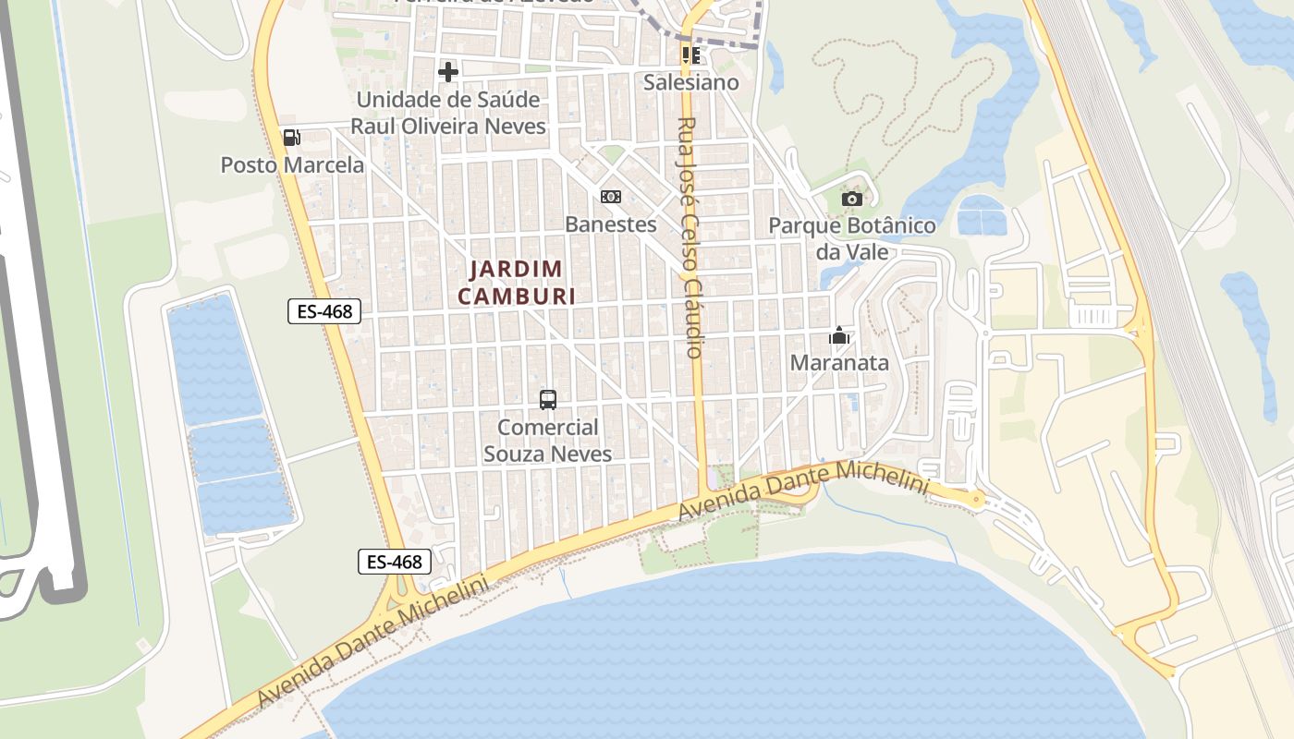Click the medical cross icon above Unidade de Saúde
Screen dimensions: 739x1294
coord(448,71)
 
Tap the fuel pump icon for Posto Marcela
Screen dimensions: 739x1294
coord(291,138)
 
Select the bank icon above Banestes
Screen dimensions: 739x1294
coord(610,197)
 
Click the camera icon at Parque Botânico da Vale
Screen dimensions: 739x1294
coord(852,199)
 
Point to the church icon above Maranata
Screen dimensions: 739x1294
coord(839,335)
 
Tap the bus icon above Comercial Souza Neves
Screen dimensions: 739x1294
coord(548,400)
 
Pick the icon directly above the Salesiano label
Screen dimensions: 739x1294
coord(690,55)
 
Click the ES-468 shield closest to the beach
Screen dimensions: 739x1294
coord(395,561)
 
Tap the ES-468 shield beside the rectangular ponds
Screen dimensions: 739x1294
coord(323,311)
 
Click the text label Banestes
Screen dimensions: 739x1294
coord(610,224)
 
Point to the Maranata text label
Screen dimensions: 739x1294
coord(839,363)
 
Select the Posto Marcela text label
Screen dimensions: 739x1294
coord(292,165)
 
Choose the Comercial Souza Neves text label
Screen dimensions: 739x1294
coord(548,441)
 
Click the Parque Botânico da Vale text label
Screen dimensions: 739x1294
coord(852,238)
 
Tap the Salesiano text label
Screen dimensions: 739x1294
coord(691,82)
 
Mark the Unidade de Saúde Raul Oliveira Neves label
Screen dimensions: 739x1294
coord(448,112)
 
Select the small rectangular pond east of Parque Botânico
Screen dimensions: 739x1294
coord(982,215)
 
